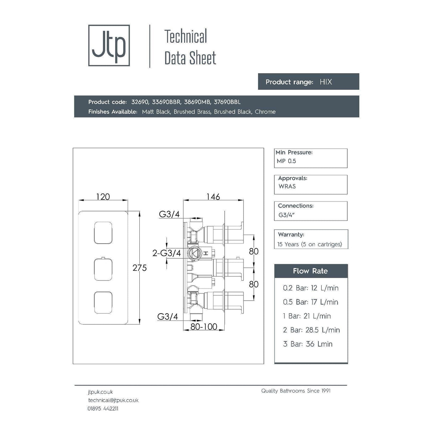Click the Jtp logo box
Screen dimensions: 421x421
(109, 45)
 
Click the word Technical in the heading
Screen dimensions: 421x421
(186, 36)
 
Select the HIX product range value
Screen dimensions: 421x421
(326, 82)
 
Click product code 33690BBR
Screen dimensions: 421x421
(166, 102)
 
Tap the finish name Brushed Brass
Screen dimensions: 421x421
(192, 112)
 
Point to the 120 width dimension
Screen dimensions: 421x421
(103, 197)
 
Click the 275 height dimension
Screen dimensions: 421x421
(139, 268)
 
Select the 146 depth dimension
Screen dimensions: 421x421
(213, 197)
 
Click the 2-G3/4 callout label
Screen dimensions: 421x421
(166, 253)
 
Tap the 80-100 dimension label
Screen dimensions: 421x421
(204, 326)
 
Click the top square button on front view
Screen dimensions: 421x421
(103, 232)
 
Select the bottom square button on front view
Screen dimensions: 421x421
(103, 303)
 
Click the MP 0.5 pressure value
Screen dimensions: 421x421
(286, 161)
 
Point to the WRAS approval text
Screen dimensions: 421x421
(287, 186)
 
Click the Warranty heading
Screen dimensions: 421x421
(291, 234)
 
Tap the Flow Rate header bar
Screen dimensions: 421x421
(311, 271)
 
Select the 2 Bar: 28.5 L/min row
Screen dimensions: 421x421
(311, 330)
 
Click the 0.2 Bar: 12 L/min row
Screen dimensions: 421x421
(310, 288)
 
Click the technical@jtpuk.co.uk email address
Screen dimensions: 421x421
(113, 400)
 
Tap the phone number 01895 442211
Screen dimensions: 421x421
(103, 409)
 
